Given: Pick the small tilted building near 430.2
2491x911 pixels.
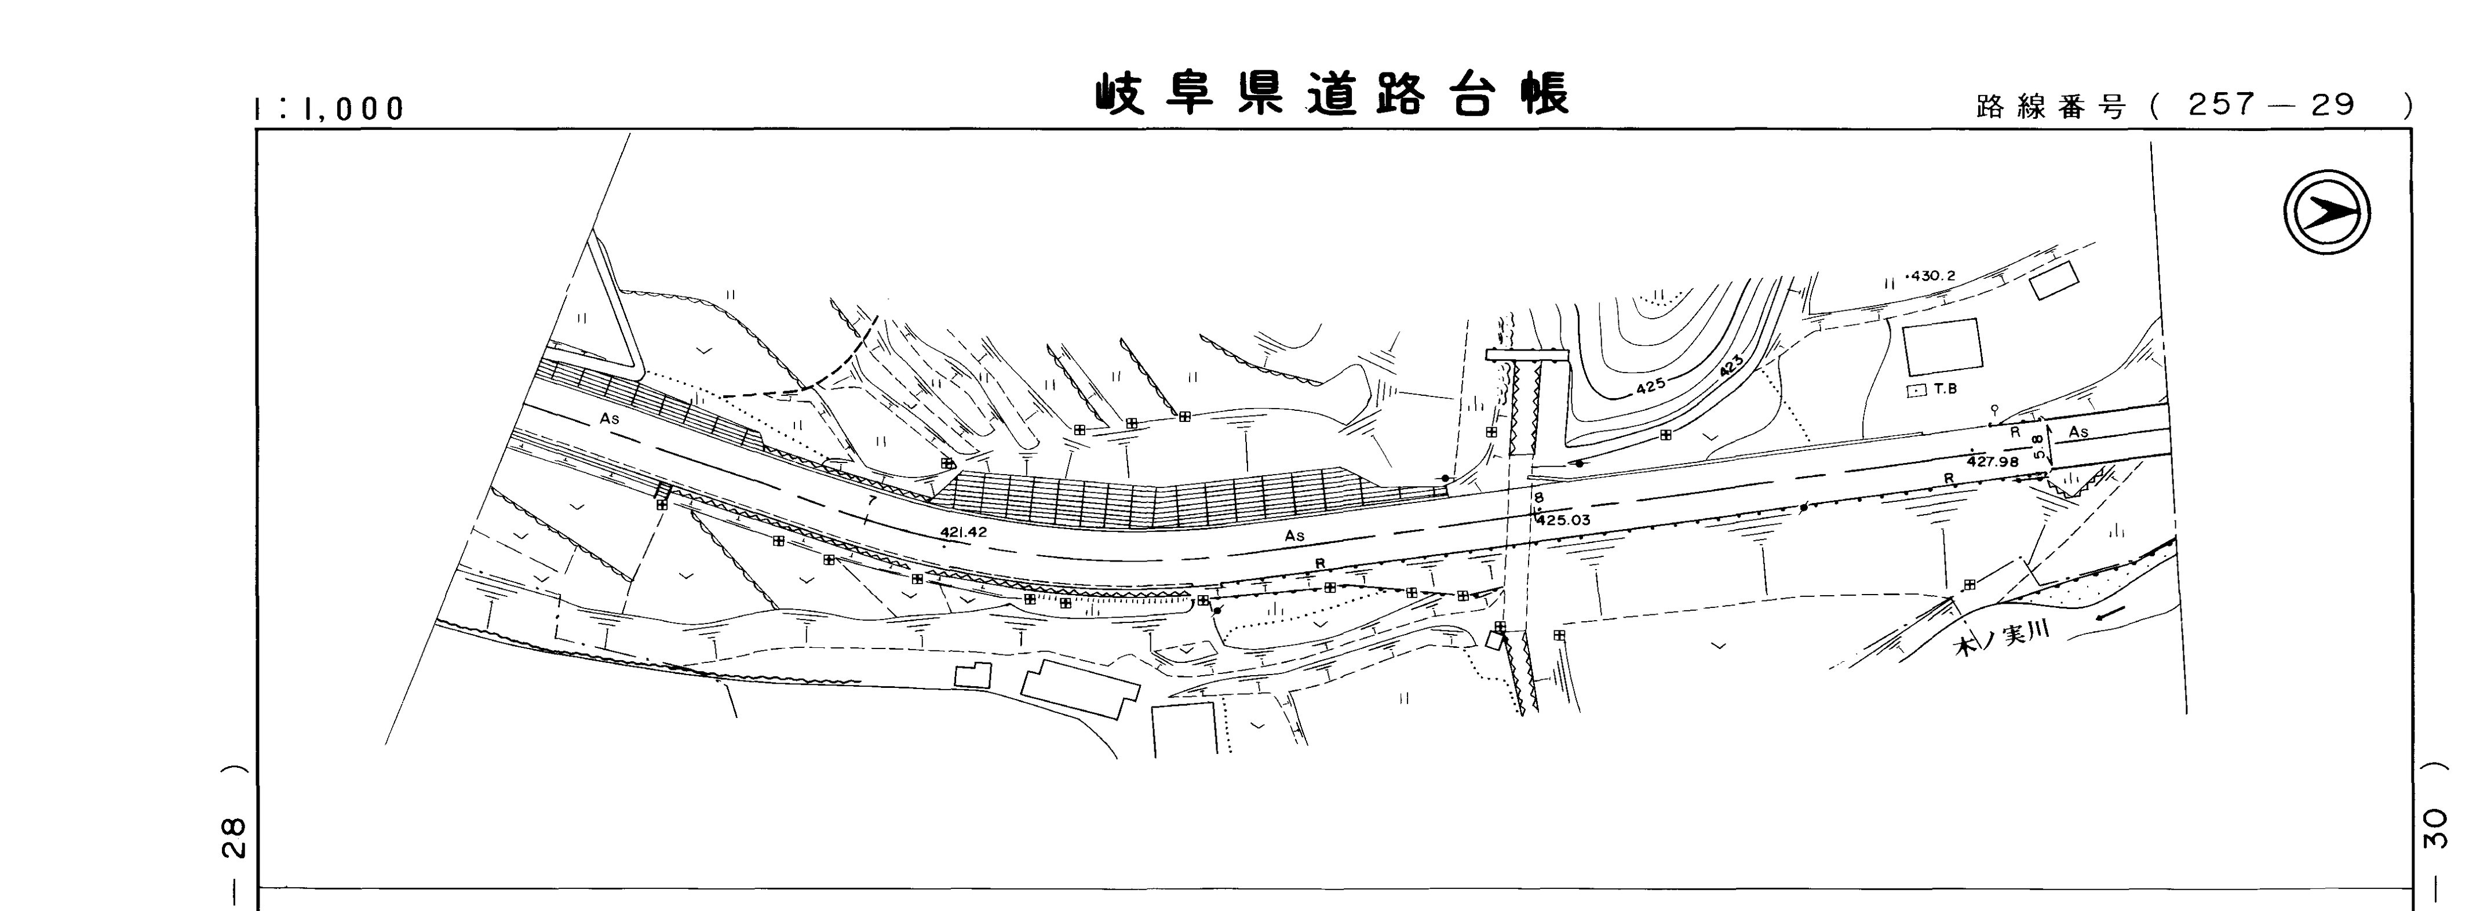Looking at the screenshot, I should (2053, 280).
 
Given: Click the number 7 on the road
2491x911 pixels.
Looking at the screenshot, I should (871, 500).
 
